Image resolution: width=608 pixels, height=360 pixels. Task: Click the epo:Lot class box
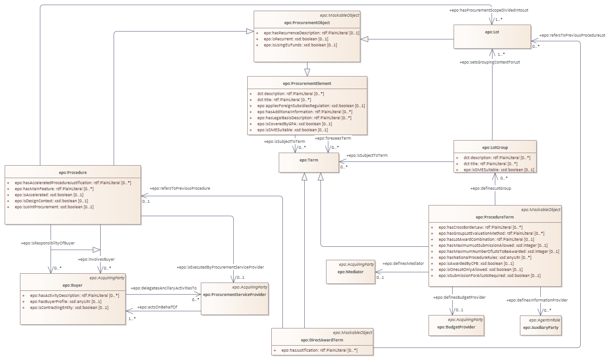coord(492,37)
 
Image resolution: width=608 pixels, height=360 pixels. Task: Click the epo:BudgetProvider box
coord(457,327)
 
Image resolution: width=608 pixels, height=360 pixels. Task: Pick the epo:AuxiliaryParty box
coord(540,327)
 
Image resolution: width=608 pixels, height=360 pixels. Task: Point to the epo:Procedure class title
coord(73,173)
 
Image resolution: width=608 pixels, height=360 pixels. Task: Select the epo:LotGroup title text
coord(495,148)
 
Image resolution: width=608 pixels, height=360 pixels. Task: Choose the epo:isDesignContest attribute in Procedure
coord(51,201)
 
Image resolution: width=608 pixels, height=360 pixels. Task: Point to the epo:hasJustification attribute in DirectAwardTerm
coord(319,350)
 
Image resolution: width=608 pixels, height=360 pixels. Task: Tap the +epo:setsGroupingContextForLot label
coord(490,62)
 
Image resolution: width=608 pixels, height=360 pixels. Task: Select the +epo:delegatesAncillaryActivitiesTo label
coord(163,288)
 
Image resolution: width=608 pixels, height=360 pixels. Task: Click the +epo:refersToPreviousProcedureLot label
coord(573,35)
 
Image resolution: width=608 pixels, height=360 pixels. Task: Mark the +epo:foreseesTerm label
coord(333,138)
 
